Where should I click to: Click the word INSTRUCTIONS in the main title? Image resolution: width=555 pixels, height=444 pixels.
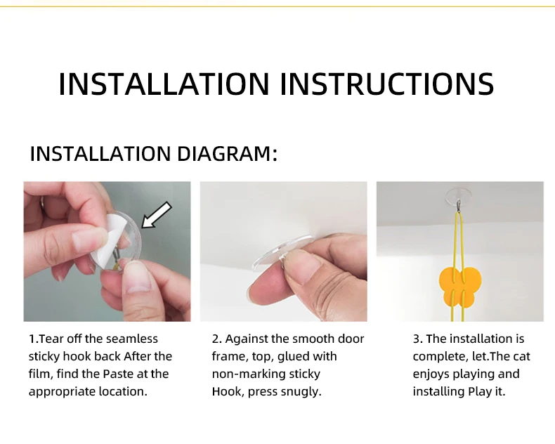(x=387, y=84)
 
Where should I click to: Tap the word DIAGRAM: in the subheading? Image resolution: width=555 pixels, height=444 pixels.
(x=227, y=154)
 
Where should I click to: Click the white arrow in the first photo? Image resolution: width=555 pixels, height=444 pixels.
(x=157, y=215)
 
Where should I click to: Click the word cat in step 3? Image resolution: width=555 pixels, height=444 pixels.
(x=522, y=356)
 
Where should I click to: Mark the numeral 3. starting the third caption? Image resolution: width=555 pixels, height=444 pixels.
(x=418, y=339)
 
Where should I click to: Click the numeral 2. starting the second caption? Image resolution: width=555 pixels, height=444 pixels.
(x=216, y=339)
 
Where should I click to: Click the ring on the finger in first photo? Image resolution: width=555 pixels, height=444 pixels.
(x=42, y=205)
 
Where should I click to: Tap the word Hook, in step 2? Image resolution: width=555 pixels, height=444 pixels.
(x=228, y=392)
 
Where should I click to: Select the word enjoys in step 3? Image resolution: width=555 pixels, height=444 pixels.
(x=431, y=374)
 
